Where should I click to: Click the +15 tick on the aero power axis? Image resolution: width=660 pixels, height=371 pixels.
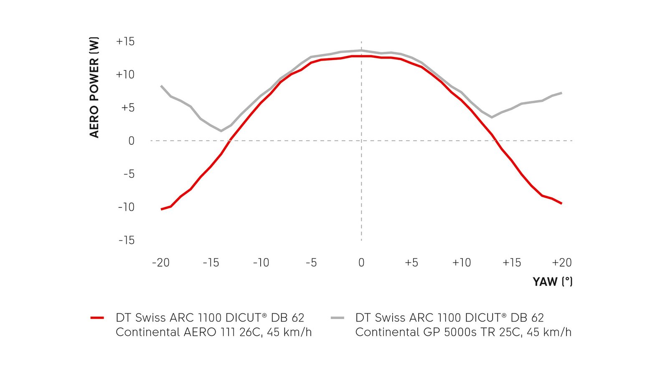click(125, 41)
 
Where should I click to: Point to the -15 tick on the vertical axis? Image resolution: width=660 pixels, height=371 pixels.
click(127, 240)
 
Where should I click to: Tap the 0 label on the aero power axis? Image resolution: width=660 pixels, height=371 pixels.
click(131, 141)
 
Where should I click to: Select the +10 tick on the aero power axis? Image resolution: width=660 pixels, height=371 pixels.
click(125, 74)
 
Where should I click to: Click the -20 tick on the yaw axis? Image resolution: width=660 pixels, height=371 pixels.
click(161, 263)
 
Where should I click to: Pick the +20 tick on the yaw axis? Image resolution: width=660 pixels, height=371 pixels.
click(561, 263)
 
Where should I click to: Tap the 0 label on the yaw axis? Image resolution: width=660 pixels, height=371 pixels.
click(361, 263)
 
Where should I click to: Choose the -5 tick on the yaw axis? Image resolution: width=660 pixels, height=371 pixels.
click(311, 263)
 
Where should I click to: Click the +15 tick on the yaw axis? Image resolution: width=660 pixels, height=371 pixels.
click(512, 263)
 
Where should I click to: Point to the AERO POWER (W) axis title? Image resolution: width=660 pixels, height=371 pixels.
click(94, 87)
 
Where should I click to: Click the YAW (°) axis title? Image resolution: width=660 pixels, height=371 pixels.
click(552, 281)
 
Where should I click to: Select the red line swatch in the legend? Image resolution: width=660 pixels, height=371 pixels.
click(97, 318)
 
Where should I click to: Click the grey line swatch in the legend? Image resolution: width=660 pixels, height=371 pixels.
click(337, 318)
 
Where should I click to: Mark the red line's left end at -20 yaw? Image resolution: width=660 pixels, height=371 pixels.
click(161, 209)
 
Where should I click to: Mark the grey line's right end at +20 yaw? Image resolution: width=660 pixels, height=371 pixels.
click(561, 92)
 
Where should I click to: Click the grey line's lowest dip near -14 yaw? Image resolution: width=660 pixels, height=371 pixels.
click(221, 131)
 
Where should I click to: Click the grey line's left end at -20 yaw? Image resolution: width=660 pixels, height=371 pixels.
click(161, 86)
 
